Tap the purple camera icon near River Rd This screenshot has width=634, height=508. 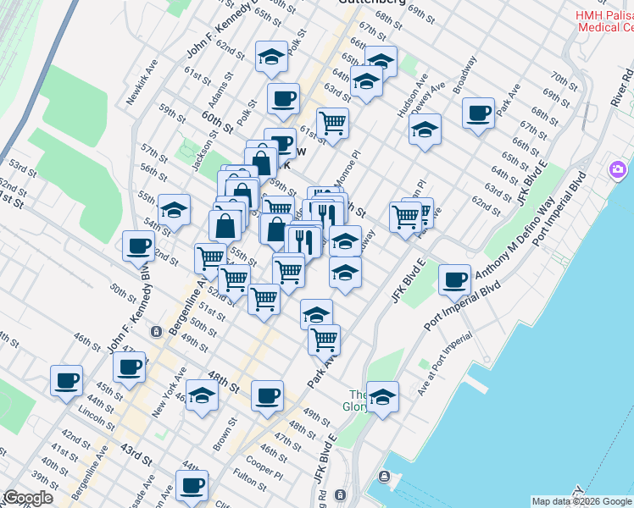coord(616,170)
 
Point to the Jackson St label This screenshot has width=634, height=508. coord(205,146)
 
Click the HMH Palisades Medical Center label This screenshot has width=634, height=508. coord(605,21)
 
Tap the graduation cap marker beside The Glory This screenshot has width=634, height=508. coord(383,396)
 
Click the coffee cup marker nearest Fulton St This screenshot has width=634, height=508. coord(192,485)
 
